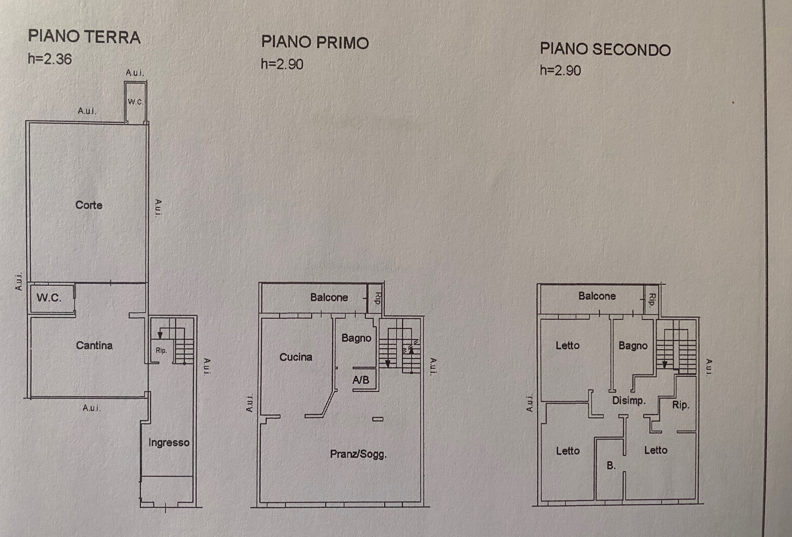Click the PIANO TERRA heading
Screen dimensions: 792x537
point(84,37)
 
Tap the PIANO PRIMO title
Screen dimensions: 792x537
point(315,42)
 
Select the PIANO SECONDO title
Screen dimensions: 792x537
point(605,49)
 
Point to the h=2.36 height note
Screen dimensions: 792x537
point(50,59)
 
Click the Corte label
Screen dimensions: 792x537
point(89,205)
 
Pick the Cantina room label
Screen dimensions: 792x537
point(94,345)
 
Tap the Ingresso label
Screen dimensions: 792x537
point(169,443)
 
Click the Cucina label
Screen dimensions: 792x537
point(296,357)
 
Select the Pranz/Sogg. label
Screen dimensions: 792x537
point(358,454)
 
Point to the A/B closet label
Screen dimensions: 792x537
point(361,380)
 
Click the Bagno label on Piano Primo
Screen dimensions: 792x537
point(356,338)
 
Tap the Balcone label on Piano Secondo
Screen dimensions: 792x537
point(597,296)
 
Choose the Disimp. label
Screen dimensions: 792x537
point(629,401)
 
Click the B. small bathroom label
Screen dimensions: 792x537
point(611,466)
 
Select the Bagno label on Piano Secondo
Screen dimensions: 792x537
point(633,346)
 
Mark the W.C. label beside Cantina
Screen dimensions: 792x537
point(49,297)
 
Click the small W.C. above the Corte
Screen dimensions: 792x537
point(135,102)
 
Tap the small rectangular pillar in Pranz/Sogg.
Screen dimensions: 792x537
point(378,419)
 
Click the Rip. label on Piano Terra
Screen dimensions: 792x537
point(161,350)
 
